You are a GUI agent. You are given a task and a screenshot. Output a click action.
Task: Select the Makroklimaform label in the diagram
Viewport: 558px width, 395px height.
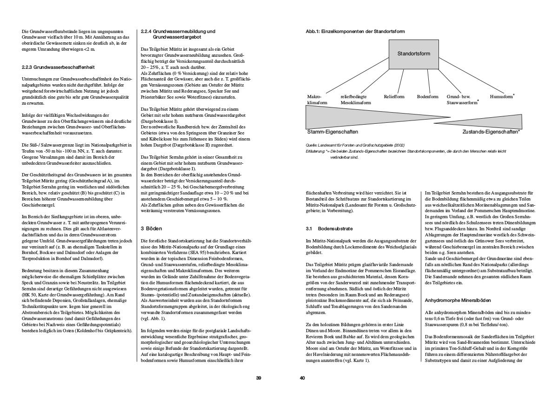(x=315, y=99)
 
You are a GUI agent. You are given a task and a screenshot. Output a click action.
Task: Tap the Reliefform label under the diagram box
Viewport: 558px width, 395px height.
(x=394, y=97)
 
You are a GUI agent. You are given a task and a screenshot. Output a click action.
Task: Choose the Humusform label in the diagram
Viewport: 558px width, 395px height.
(x=502, y=97)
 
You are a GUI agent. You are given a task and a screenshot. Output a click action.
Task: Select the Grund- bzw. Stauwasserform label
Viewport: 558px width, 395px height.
(x=462, y=99)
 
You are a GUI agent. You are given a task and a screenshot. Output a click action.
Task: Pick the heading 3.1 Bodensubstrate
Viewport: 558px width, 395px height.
(x=330, y=229)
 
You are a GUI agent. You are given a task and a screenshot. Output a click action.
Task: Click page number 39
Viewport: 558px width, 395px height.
(x=259, y=378)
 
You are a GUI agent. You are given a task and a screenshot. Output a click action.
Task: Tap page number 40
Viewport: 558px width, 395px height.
(x=302, y=378)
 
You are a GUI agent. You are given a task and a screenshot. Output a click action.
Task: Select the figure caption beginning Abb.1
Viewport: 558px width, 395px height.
(x=355, y=32)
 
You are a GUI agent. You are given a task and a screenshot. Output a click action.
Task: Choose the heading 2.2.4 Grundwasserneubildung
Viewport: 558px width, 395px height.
(x=178, y=33)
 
